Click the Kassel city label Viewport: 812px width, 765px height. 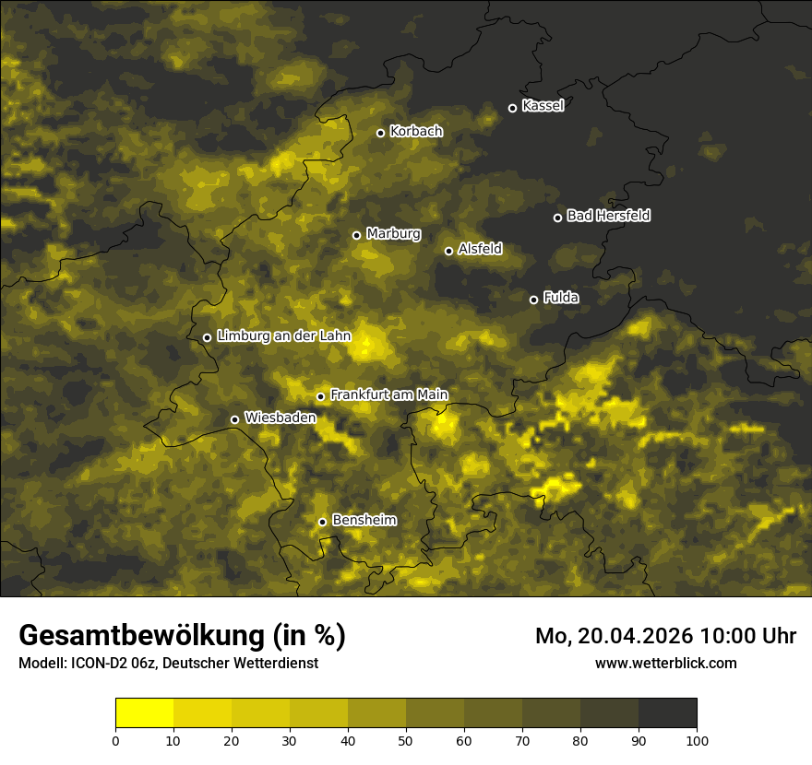pyautogui.click(x=543, y=106)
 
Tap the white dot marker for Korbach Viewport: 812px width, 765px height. pyautogui.click(x=380, y=133)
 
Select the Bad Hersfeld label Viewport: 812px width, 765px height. pyautogui.click(x=608, y=216)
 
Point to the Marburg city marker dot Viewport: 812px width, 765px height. pyautogui.click(x=356, y=235)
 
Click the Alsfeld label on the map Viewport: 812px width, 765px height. pyautogui.click(x=480, y=249)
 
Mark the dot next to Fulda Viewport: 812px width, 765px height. pyautogui.click(x=533, y=300)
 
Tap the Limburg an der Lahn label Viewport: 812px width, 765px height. pyautogui.click(x=284, y=336)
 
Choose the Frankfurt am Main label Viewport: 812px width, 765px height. pyautogui.click(x=388, y=395)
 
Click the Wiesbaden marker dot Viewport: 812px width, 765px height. pyautogui.click(x=234, y=419)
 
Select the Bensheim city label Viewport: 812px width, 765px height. pyautogui.click(x=364, y=521)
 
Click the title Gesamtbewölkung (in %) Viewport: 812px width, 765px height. pyautogui.click(x=182, y=636)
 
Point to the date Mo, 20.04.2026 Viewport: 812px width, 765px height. pyautogui.click(x=615, y=636)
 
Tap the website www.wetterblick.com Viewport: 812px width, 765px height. pyautogui.click(x=665, y=663)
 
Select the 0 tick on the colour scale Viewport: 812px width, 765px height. pyautogui.click(x=115, y=740)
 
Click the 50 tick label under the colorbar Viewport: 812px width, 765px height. pyautogui.click(x=406, y=740)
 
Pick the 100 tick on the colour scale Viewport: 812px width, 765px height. pyautogui.click(x=697, y=740)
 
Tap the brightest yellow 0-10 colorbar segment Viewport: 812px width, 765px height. pyautogui.click(x=144, y=713)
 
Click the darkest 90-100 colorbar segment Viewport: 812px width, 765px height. pyautogui.click(x=667, y=713)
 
